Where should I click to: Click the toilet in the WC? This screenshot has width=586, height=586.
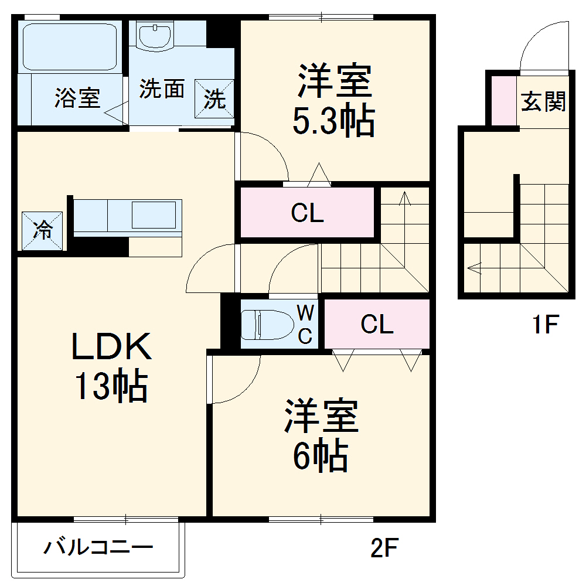267,324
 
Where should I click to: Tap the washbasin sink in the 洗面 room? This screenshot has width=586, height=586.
154,35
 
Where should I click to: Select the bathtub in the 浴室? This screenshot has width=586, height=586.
69,47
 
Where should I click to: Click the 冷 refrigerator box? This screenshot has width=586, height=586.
42,230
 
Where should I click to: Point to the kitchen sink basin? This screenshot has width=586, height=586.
154,214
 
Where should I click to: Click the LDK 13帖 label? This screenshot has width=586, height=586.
111,366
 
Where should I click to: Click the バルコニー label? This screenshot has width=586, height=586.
98,548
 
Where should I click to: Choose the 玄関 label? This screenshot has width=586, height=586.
544,101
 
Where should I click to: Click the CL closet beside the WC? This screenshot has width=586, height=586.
377,324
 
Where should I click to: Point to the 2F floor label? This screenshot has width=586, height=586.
385,548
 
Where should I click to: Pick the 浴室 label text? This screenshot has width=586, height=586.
77,97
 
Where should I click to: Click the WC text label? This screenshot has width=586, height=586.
306,324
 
